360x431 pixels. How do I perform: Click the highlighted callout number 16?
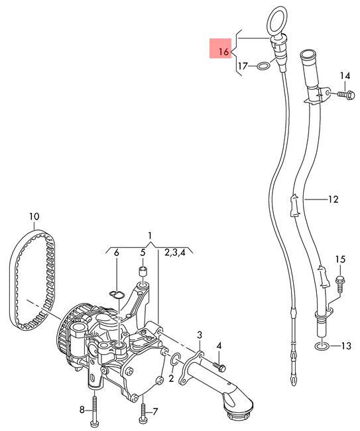pyautogui.click(x=223, y=52)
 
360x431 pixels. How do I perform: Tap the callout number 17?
pyautogui.click(x=243, y=66)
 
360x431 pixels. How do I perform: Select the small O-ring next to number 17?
pyautogui.click(x=262, y=66)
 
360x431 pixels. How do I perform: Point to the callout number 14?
pyautogui.click(x=344, y=76)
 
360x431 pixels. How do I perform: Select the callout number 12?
pyautogui.click(x=333, y=198)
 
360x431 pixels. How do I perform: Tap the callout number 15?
pyautogui.click(x=341, y=259)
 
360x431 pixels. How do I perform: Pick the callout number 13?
pyautogui.click(x=347, y=345)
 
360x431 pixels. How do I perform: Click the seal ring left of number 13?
pyautogui.click(x=322, y=345)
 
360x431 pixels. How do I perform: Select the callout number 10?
pyautogui.click(x=34, y=216)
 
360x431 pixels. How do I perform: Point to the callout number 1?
pyautogui.click(x=150, y=236)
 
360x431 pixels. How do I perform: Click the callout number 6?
pyautogui.click(x=117, y=253)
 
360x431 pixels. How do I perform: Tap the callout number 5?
pyautogui.click(x=141, y=253)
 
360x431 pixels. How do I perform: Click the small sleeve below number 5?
pyautogui.click(x=141, y=271)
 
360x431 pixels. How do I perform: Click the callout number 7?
pyautogui.click(x=155, y=411)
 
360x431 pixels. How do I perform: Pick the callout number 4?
pyautogui.click(x=219, y=345)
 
